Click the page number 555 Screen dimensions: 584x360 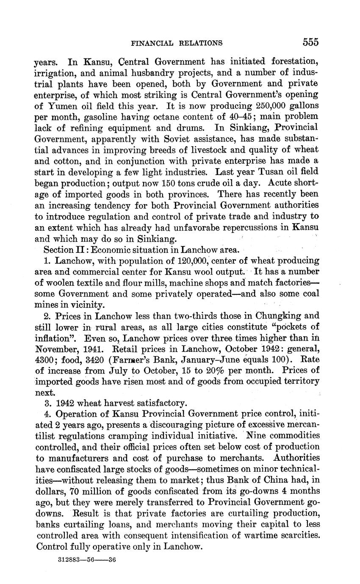(x=310, y=42)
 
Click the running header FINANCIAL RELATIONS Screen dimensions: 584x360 (x=177, y=43)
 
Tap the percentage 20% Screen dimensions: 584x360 (x=219, y=371)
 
